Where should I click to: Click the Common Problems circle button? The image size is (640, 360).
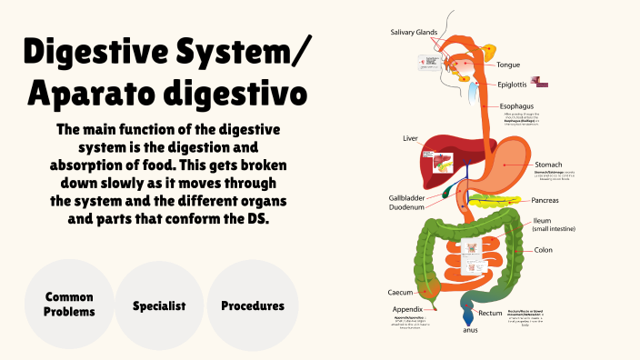70,305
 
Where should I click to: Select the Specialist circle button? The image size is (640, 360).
159,305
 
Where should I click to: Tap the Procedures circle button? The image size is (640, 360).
253,305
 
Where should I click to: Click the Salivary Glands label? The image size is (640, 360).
414,32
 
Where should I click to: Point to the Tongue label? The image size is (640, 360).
508,65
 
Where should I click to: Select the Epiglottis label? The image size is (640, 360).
515,85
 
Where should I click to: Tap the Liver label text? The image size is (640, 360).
410,139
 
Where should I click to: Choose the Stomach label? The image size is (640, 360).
552,164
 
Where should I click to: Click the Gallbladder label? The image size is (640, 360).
408,196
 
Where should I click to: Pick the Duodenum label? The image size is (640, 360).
408,207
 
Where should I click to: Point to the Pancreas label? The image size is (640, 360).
552,199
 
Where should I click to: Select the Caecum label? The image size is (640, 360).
401,293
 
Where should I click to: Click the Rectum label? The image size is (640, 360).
491,313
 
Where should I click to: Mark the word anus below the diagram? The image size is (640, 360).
470,330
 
